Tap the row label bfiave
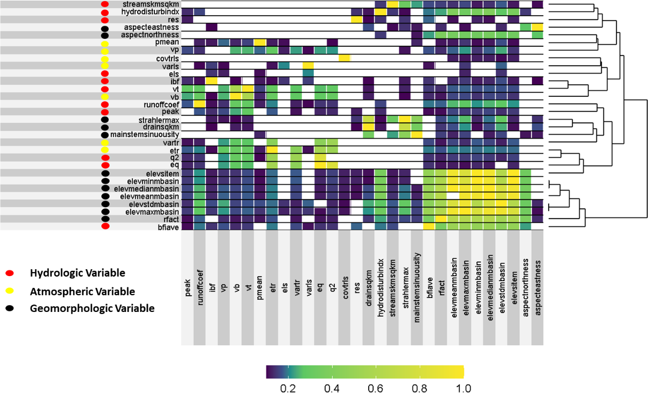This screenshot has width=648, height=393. tap(168, 226)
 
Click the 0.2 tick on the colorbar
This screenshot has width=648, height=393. tap(287, 388)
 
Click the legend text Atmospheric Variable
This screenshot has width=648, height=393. tap(82, 291)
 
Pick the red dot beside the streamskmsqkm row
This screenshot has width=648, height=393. tap(104, 4)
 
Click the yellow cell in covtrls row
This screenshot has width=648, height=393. tap(345, 58)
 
